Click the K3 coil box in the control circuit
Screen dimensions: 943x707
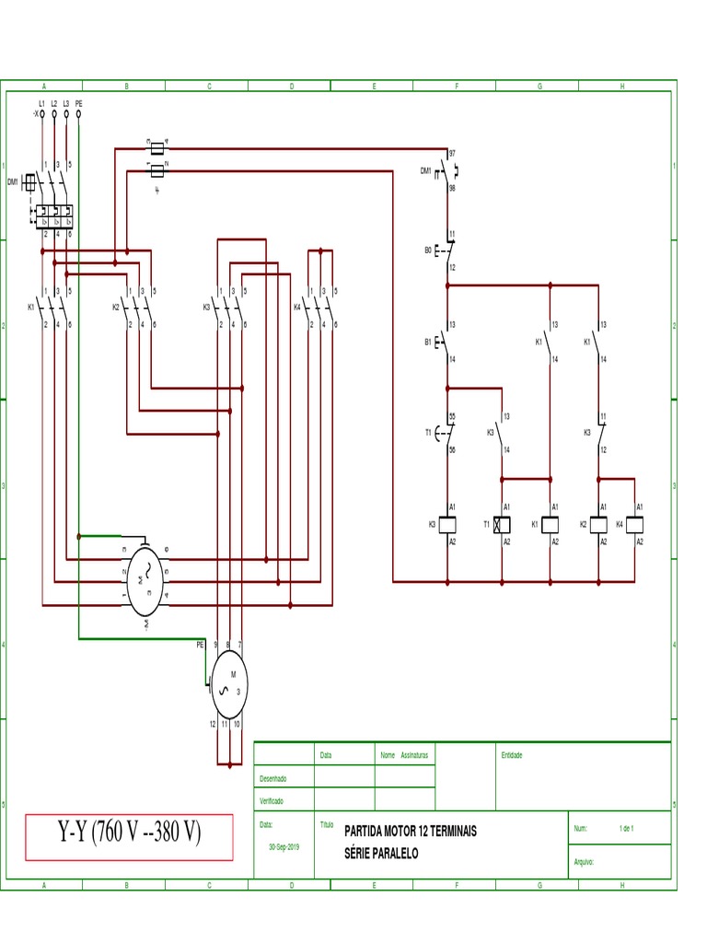pyautogui.click(x=447, y=524)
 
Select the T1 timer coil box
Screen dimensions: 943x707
pyautogui.click(x=502, y=524)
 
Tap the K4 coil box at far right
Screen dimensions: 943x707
pyautogui.click(x=634, y=524)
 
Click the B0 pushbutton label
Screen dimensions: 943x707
pyautogui.click(x=428, y=250)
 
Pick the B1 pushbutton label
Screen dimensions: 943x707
pyautogui.click(x=428, y=342)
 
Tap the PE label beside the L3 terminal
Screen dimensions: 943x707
pyautogui.click(x=79, y=103)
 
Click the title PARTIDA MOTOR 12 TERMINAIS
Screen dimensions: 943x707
pyautogui.click(x=410, y=831)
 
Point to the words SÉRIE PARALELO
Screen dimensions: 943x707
pyautogui.click(x=380, y=854)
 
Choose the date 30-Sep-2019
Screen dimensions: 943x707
pyautogui.click(x=284, y=845)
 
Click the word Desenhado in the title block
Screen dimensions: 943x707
pyautogui.click(x=273, y=778)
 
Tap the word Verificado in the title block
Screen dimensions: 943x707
pyautogui.click(x=272, y=801)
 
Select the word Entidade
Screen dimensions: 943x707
pyautogui.click(x=512, y=755)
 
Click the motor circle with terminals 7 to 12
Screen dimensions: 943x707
pyautogui.click(x=228, y=683)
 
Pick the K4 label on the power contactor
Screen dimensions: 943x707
pyautogui.click(x=298, y=307)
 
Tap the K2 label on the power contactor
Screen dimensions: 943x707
pyautogui.click(x=116, y=307)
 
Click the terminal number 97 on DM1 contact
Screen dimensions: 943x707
pyautogui.click(x=452, y=152)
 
